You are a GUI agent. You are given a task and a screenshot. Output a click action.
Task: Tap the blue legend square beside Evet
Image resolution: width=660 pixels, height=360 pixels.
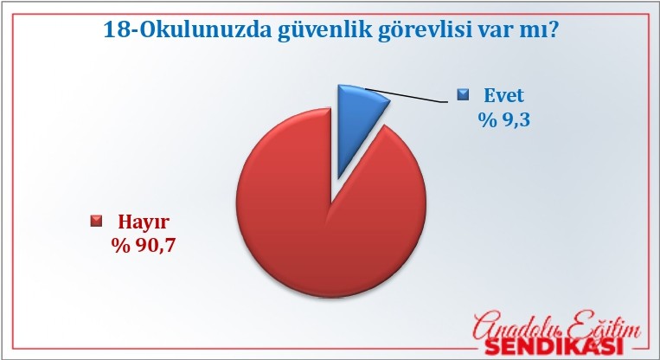click(463, 94)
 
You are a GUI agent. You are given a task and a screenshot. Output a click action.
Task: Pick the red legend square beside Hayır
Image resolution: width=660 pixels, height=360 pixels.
click(96, 221)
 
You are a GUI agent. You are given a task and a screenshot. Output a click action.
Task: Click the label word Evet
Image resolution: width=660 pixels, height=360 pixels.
click(503, 95)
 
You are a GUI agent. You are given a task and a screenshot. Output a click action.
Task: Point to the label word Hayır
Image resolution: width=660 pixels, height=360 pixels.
click(144, 222)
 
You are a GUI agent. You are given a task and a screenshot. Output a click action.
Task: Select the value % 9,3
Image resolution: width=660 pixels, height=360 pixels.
click(503, 120)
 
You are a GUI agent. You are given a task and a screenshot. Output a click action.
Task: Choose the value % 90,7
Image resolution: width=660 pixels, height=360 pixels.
click(143, 245)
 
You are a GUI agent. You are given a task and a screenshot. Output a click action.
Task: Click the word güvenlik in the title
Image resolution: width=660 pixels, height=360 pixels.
click(325, 31)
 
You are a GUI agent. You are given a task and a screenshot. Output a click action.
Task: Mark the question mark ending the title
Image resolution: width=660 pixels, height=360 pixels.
click(553, 30)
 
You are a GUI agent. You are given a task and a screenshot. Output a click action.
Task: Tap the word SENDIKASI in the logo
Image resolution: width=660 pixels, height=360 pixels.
click(554, 346)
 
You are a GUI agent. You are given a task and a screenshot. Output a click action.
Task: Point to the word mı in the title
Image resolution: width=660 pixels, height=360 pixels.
click(535, 32)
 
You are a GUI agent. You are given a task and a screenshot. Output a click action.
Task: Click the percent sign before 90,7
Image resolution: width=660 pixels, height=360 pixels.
click(121, 245)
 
